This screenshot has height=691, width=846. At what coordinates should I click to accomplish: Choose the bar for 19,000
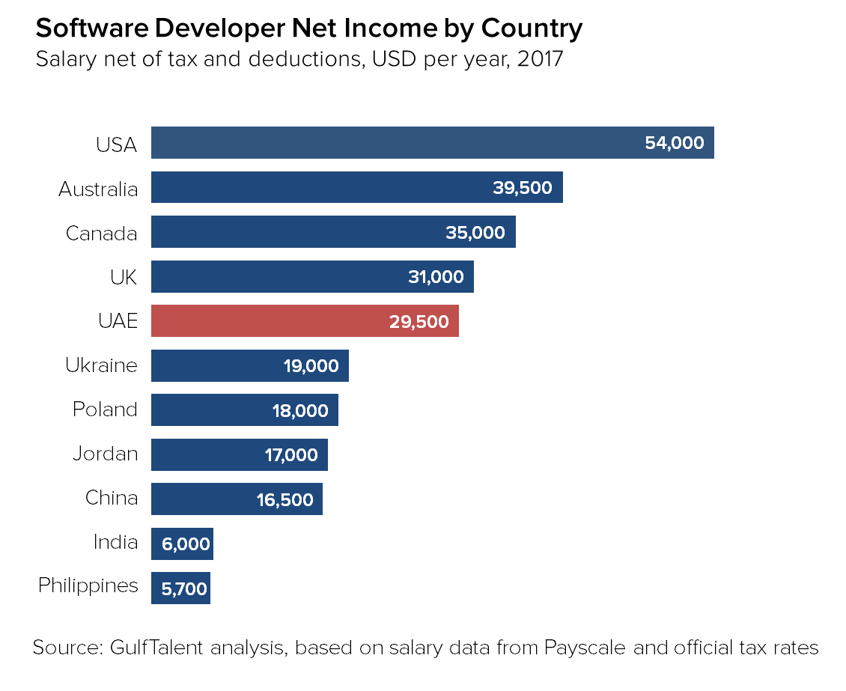pyautogui.click(x=217, y=366)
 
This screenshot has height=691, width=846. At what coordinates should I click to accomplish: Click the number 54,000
pyautogui.click(x=675, y=143)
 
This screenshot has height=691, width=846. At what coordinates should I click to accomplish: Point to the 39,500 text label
pyautogui.click(x=523, y=188)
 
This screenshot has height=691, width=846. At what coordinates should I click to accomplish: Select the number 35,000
pyautogui.click(x=475, y=233)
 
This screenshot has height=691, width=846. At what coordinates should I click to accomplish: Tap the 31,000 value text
pyautogui.click(x=436, y=277)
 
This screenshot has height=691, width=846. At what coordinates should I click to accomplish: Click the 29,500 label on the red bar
pyautogui.click(x=419, y=322)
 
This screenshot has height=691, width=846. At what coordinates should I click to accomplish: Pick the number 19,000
pyautogui.click(x=311, y=366)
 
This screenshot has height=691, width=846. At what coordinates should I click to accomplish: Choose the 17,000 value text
pyautogui.click(x=291, y=455)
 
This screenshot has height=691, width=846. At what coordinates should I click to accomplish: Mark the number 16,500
pyautogui.click(x=285, y=500)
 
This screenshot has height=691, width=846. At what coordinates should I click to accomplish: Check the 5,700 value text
pyautogui.click(x=184, y=589)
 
